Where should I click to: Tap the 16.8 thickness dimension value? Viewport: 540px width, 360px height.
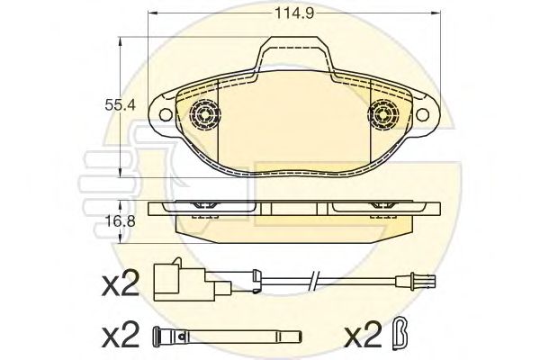[x=115, y=217]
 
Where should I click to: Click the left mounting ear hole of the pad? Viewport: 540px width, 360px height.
[x=164, y=113]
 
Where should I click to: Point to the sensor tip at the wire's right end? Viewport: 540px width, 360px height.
[x=424, y=280]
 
